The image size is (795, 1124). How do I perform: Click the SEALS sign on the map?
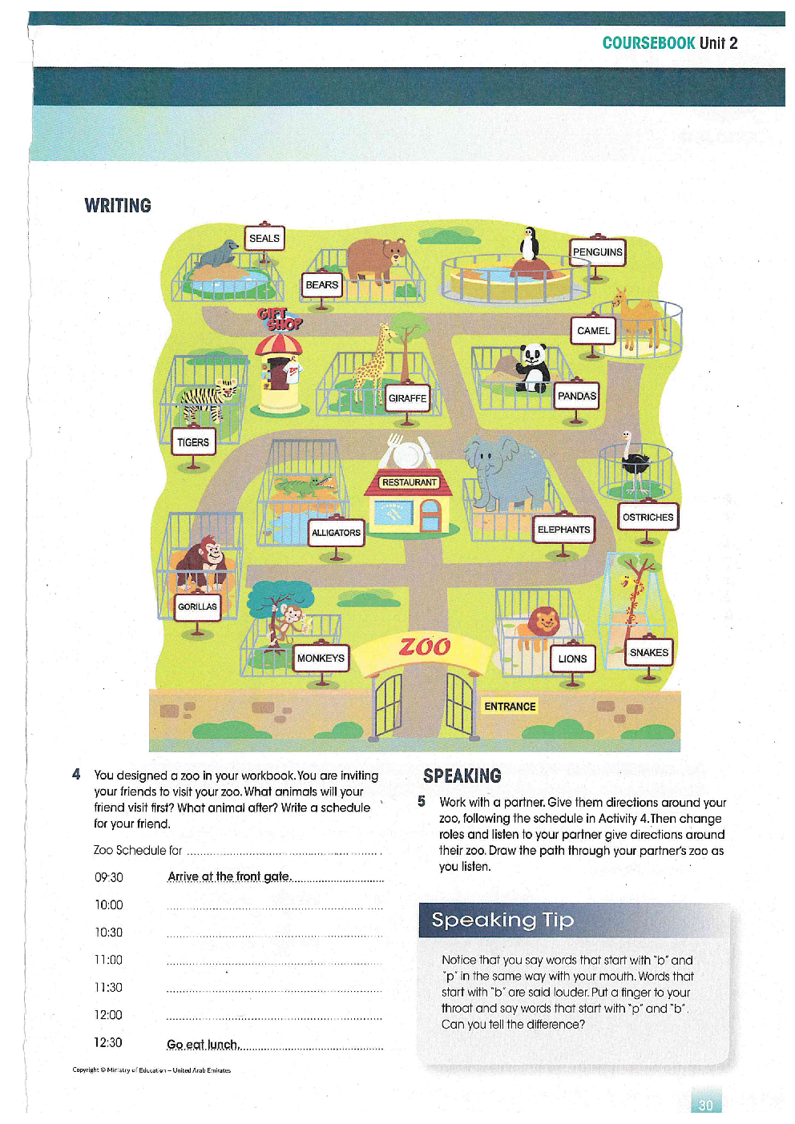(264, 238)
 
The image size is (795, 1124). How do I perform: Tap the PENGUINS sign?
(597, 252)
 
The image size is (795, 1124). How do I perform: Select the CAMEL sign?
(593, 330)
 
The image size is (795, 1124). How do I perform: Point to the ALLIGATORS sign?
(336, 533)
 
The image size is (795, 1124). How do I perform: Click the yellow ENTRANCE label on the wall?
(510, 707)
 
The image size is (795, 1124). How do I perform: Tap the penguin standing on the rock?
(529, 244)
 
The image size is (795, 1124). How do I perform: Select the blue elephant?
(506, 472)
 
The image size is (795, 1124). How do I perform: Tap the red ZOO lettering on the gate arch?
(425, 647)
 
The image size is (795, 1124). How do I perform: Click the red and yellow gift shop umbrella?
(279, 345)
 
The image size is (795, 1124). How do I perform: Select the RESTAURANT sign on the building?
(410, 482)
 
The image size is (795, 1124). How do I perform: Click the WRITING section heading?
(118, 206)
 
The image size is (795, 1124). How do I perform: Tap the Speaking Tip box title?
(502, 920)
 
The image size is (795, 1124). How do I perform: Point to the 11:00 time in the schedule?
(108, 960)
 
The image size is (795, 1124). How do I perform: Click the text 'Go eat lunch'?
(202, 1045)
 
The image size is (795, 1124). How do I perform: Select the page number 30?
(705, 1105)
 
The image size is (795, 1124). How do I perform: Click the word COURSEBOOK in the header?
(648, 43)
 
